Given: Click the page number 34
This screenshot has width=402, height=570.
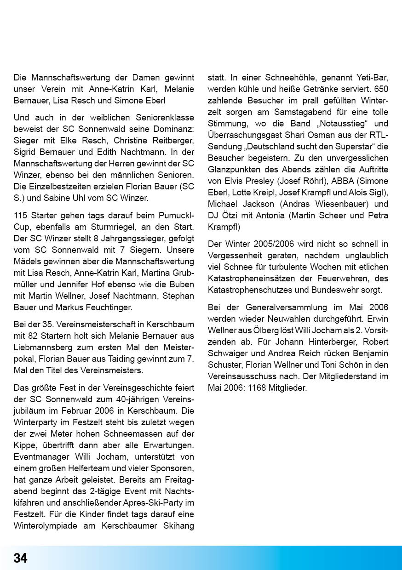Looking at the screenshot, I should [x=20, y=558].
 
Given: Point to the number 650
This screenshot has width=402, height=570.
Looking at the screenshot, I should [x=381, y=89].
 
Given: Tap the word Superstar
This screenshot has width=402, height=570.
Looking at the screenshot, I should [x=358, y=147].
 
